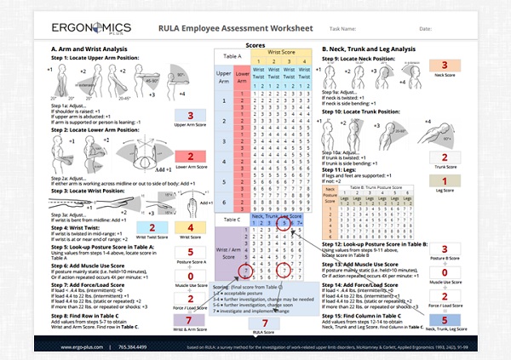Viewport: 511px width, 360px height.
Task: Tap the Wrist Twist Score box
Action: click(150, 228)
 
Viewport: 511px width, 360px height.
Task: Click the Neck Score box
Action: click(444, 66)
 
